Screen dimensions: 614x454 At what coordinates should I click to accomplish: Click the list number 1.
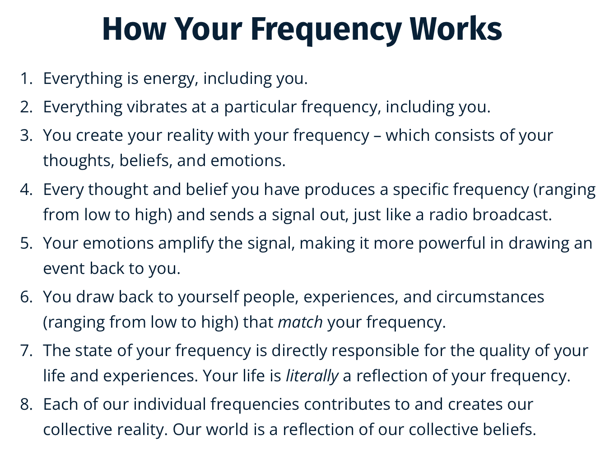click(27, 79)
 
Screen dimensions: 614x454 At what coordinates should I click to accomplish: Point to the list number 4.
click(27, 190)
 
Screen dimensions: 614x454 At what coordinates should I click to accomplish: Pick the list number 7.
click(27, 351)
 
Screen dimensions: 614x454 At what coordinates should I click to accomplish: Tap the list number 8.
click(27, 404)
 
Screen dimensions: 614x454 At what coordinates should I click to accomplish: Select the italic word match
click(300, 322)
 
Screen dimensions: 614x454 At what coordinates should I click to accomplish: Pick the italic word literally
click(312, 376)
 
